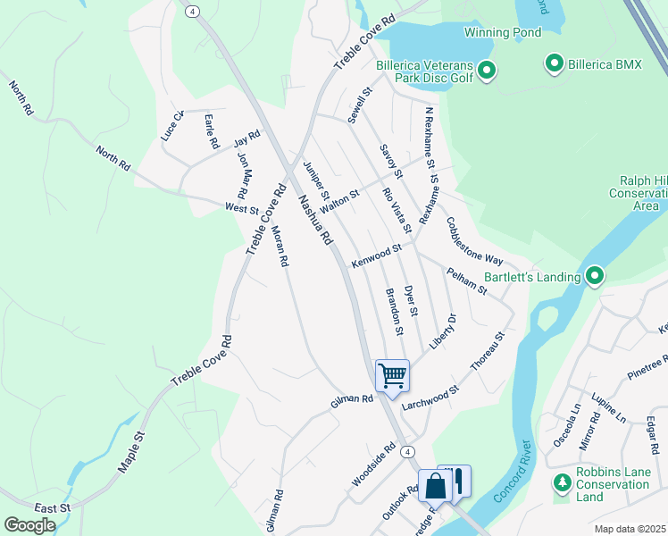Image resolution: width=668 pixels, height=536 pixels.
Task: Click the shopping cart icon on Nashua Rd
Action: (x=392, y=374)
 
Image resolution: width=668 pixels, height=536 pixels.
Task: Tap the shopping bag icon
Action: (x=435, y=487)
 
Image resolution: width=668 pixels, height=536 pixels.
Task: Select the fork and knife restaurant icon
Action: (x=456, y=481)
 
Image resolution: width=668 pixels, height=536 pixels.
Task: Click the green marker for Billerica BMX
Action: (x=554, y=63)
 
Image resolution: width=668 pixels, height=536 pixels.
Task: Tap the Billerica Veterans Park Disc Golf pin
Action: (x=487, y=71)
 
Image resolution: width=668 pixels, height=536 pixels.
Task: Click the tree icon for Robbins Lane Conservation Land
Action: (x=562, y=484)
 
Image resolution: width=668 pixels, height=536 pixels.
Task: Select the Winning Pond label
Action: (x=502, y=33)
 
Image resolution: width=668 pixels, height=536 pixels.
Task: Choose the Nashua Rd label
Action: (x=315, y=220)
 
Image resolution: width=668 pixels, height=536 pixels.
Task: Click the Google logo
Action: (x=29, y=525)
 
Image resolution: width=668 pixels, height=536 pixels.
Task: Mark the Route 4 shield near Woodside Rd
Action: (x=406, y=451)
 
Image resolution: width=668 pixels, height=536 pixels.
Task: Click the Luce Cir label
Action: (x=172, y=126)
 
